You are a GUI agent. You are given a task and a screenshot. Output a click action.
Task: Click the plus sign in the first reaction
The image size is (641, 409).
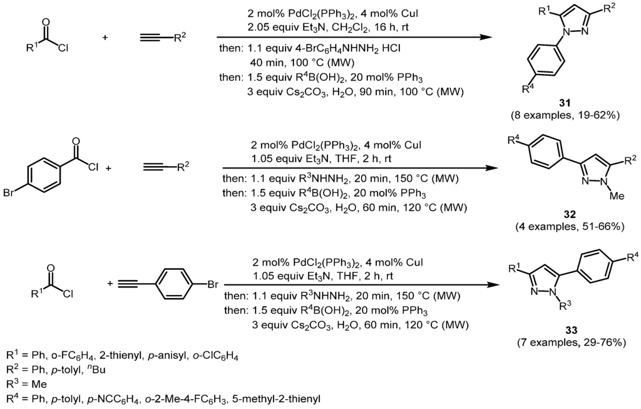pos(105,38)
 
